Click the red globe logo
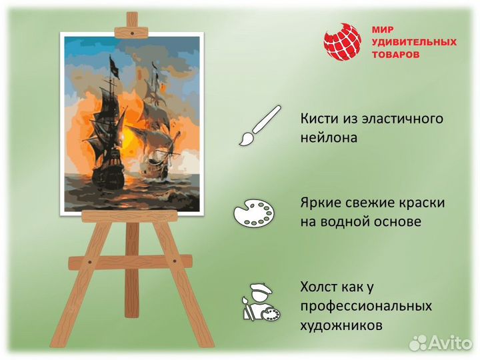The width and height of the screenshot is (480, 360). tap(342, 42)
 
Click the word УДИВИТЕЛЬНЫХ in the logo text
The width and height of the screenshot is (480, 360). tap(414, 42)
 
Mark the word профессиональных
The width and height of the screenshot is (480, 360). tap(366, 307)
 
